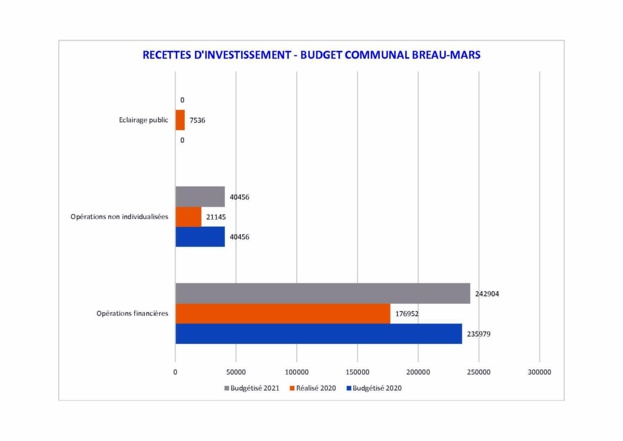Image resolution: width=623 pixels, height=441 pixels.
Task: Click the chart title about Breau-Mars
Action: coord(311,55)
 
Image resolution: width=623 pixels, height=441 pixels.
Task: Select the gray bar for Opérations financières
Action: coord(322,294)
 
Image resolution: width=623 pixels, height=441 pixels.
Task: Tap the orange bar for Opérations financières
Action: coord(282,314)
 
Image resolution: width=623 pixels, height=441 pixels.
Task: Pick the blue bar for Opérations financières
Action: coord(318,334)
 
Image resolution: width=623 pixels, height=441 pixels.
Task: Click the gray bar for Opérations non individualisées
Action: coord(200,197)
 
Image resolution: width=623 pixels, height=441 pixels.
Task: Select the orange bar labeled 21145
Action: coord(188,217)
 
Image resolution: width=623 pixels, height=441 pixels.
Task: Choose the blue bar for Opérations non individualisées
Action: coord(200,237)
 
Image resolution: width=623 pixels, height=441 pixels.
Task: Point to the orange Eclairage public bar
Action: coord(180,120)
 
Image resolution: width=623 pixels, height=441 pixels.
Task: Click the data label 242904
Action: coord(485,294)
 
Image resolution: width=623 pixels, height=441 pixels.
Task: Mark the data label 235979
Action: coord(480,334)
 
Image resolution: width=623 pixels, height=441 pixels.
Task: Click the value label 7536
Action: coord(198,120)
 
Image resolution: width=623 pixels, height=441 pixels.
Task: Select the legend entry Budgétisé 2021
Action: coord(251,388)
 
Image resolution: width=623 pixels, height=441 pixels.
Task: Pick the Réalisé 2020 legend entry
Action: coord(314,388)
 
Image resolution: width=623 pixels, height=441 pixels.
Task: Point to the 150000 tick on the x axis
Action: coord(357,371)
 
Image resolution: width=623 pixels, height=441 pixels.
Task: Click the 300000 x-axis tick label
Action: coord(539,371)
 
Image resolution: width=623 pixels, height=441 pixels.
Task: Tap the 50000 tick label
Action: coord(236,371)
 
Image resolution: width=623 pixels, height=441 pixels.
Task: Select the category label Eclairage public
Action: coord(142,120)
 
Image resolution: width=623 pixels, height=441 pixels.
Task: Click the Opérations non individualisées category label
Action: coord(120,217)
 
